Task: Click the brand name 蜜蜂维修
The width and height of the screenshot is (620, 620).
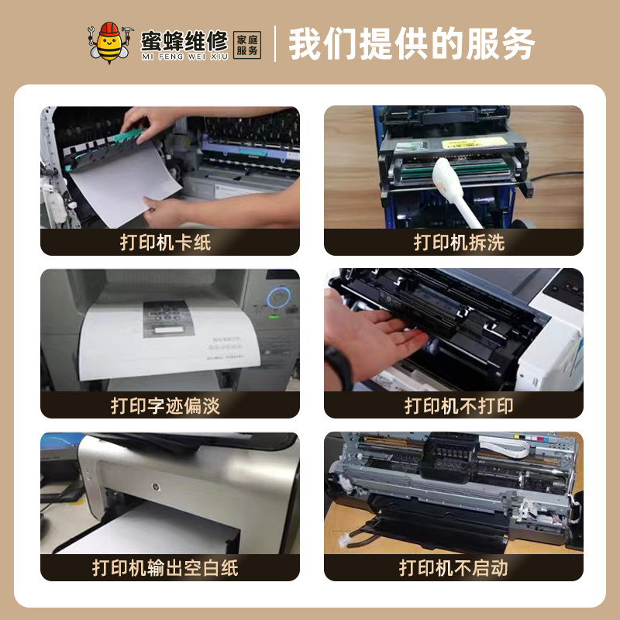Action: coord(184,38)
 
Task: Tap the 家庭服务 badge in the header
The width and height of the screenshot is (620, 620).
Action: coord(247,43)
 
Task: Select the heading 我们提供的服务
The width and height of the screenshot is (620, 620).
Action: coord(412,44)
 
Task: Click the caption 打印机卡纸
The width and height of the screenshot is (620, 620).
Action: coord(170,242)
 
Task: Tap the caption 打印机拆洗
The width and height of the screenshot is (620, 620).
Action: coord(453,242)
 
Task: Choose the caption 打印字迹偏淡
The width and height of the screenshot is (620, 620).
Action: coord(170,405)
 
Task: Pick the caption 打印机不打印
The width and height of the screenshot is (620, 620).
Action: coord(453,405)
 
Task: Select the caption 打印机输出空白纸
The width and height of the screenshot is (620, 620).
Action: coord(170,567)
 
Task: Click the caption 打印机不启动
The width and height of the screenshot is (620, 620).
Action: coord(453,567)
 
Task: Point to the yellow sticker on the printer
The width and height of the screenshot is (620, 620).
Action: coord(418,147)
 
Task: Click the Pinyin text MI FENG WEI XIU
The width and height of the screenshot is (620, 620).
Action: coord(184,56)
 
